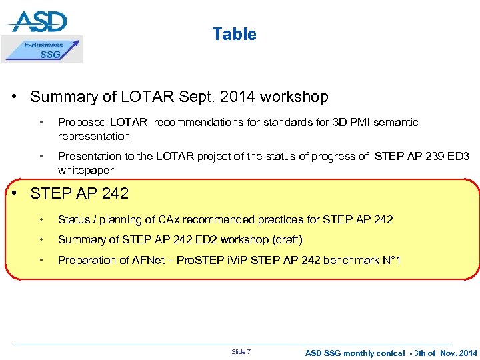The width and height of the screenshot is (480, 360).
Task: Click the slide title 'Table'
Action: (x=234, y=34)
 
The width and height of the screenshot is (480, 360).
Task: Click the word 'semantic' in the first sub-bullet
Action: (x=396, y=123)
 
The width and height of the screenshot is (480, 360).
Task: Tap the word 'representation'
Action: (x=93, y=136)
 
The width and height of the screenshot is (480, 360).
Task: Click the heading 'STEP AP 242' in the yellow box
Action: (x=79, y=194)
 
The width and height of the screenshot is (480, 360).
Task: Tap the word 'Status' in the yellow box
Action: (x=73, y=219)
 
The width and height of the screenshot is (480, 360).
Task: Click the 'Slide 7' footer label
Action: (x=241, y=351)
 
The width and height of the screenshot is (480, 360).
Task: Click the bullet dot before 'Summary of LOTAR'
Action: (x=14, y=97)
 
